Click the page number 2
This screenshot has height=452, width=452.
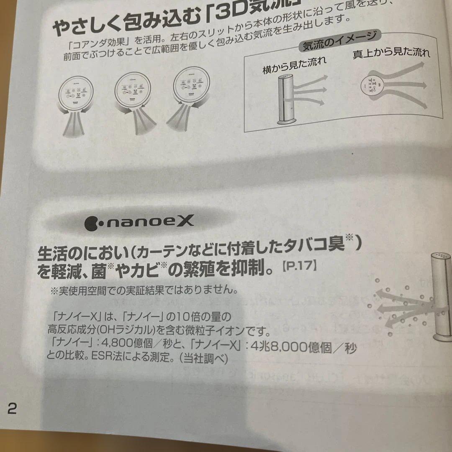12,408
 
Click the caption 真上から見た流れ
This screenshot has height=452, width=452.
391,53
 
